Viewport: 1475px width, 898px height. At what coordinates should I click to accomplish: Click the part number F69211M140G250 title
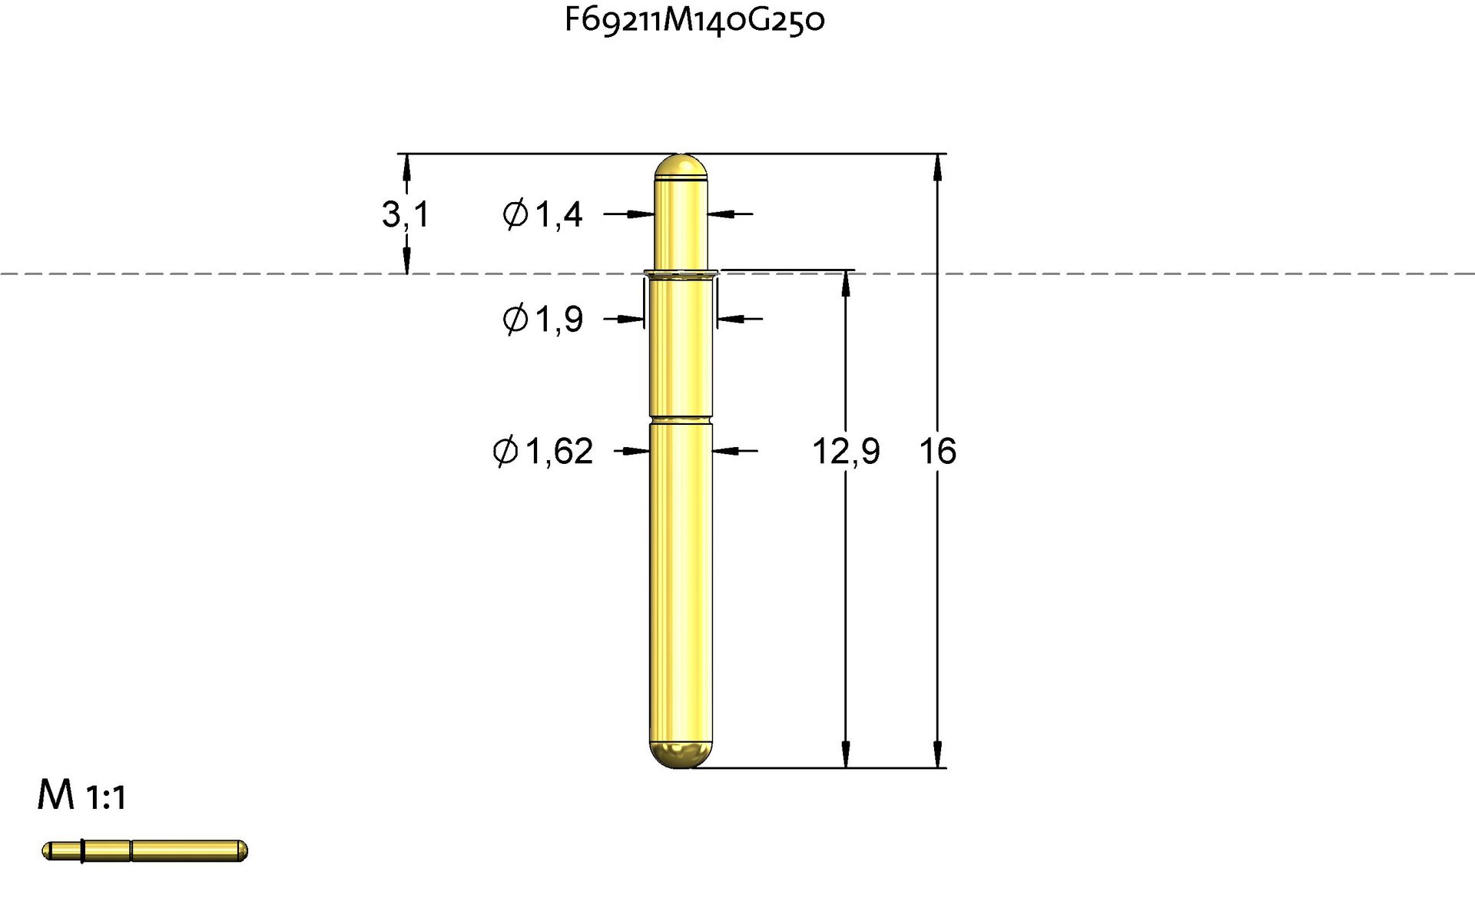click(694, 20)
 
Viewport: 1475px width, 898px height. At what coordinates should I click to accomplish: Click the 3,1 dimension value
click(405, 214)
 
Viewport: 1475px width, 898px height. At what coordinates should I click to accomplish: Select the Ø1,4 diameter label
click(542, 214)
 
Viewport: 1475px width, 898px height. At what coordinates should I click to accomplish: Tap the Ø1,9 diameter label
click(542, 319)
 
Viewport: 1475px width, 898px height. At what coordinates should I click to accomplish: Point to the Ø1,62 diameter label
click(542, 451)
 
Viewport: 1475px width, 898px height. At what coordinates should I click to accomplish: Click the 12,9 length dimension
click(845, 451)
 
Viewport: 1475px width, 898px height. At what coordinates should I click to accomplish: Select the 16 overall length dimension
click(937, 451)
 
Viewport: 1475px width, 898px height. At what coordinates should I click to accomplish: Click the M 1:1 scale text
click(81, 796)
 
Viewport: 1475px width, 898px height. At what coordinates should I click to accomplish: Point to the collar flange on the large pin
click(681, 272)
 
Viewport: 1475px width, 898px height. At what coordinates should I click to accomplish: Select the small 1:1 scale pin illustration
click(144, 850)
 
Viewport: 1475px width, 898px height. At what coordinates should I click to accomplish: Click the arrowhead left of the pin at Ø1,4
click(642, 214)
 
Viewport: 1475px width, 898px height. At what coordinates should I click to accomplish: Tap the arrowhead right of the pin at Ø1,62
click(725, 451)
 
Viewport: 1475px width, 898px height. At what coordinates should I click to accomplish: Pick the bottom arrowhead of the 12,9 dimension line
click(846, 754)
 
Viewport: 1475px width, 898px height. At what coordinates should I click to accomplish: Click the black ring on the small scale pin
click(82, 850)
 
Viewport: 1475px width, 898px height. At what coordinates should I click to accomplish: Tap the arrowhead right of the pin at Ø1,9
click(730, 319)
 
